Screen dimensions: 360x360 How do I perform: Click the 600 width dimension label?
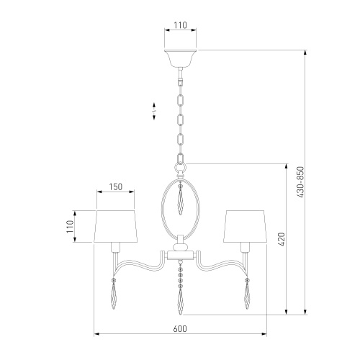[x=180, y=328]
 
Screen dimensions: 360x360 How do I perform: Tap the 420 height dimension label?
[x=282, y=239]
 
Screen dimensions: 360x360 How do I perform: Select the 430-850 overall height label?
[x=300, y=182]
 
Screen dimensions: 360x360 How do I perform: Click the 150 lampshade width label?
[x=116, y=186]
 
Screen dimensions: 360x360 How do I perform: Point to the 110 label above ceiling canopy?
[x=180, y=25]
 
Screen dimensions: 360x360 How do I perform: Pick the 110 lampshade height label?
[x=70, y=227]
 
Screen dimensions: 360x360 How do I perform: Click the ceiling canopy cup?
[x=180, y=58]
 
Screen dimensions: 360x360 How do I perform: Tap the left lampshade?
[x=115, y=226]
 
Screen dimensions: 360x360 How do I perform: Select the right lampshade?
[x=246, y=226]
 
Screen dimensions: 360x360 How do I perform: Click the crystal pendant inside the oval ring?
[x=181, y=199]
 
